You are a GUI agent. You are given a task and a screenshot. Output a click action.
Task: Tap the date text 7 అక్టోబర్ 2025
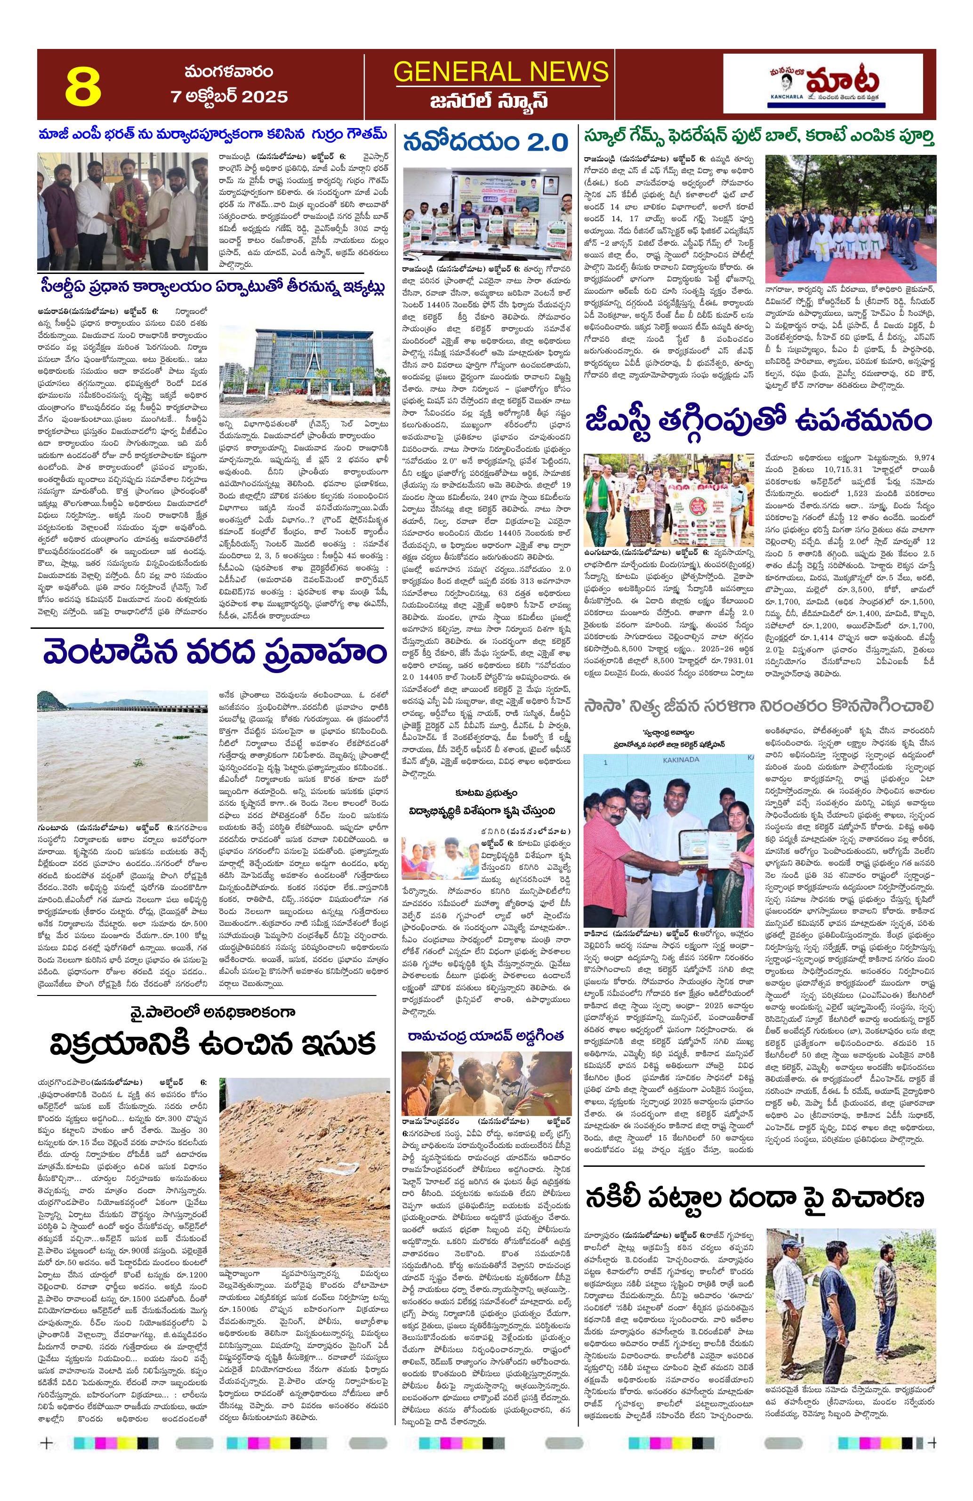point(229,96)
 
